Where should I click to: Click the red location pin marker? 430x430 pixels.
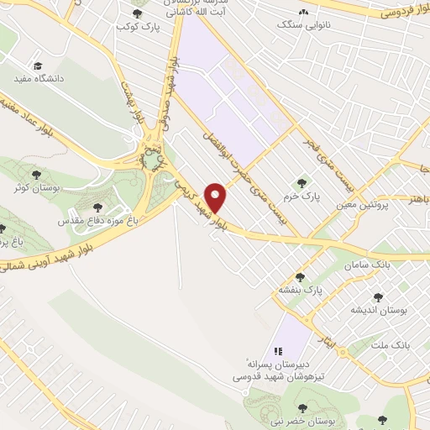click(x=218, y=197)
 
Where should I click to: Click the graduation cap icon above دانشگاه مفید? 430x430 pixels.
click(x=38, y=66)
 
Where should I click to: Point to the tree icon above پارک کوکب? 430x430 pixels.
click(x=138, y=13)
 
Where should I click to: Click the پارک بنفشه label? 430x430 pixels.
click(x=301, y=290)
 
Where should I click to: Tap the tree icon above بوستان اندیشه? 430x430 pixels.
click(x=377, y=296)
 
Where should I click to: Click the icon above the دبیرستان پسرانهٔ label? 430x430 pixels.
click(x=275, y=351)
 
